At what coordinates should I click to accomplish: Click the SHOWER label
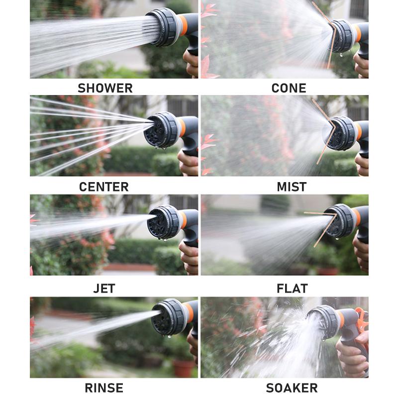(x=105, y=88)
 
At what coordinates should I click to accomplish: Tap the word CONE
(x=289, y=88)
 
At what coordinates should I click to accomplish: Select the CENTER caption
(x=104, y=187)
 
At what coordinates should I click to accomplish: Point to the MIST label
(x=292, y=187)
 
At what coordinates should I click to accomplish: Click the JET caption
(x=104, y=289)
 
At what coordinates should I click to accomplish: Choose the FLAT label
(x=292, y=289)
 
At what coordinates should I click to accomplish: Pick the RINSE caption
(x=104, y=388)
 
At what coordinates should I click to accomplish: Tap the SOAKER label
(x=292, y=388)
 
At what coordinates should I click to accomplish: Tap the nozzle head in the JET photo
(x=164, y=222)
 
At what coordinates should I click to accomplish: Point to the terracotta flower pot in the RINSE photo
(x=183, y=369)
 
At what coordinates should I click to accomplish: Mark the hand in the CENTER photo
(x=189, y=163)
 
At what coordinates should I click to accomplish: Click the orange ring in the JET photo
(x=183, y=220)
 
